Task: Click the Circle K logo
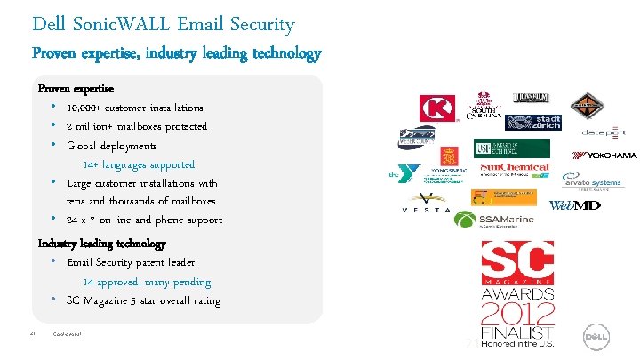(437, 108)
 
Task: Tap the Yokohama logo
(605, 156)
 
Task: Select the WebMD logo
(574, 205)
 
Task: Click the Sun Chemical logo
(516, 168)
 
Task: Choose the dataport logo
(604, 132)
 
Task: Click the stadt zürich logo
(531, 123)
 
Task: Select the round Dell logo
(596, 337)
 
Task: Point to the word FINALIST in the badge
(517, 333)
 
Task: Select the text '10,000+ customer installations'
(134, 108)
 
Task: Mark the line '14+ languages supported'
(139, 164)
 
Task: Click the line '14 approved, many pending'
(147, 282)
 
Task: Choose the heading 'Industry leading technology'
(101, 243)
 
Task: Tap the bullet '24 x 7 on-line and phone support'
(144, 220)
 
